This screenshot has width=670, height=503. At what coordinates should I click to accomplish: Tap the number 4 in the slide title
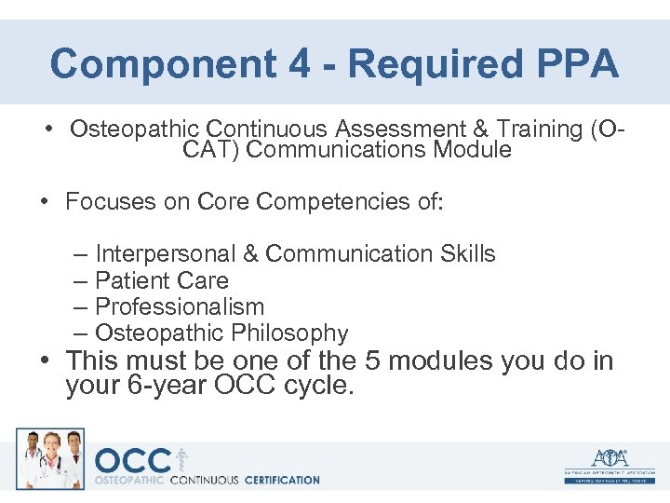(289, 64)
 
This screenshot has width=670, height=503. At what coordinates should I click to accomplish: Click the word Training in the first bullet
(530, 129)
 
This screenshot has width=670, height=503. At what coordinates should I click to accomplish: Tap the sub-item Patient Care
(162, 280)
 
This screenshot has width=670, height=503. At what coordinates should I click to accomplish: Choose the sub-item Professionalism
(180, 306)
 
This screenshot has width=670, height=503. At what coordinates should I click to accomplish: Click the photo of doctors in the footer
(49, 458)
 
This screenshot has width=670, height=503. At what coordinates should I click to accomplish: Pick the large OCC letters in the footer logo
(133, 460)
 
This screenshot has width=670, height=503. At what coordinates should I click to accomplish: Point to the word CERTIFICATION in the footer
(280, 480)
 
